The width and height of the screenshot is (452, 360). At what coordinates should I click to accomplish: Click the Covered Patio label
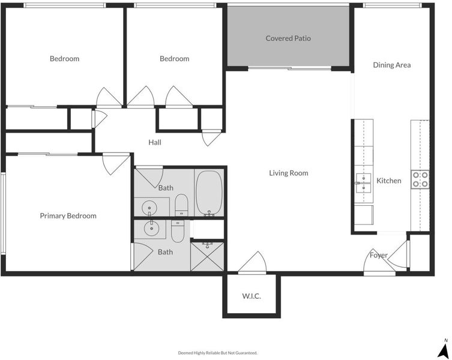coord(288,38)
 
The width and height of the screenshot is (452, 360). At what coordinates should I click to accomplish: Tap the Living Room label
coord(289,173)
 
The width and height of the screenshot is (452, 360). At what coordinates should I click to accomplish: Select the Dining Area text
coord(392,65)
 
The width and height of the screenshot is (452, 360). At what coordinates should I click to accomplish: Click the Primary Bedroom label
coord(68,216)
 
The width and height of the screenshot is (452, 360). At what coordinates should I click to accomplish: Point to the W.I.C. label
coord(252,296)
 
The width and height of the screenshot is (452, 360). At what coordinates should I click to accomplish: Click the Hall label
coord(155,142)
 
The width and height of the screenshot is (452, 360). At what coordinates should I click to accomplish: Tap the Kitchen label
coord(388,181)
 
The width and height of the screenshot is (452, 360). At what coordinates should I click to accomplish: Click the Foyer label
coord(379,256)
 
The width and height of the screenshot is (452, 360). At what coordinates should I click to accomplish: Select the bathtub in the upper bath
coord(209,193)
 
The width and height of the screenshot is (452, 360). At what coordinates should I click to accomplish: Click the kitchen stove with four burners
coord(420,179)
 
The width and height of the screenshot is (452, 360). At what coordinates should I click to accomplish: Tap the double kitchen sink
coord(363,183)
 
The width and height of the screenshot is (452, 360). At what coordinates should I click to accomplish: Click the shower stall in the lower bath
coord(207,256)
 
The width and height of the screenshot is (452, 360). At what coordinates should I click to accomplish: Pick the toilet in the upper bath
coord(181,205)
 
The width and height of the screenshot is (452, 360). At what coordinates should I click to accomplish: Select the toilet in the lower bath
coord(178,231)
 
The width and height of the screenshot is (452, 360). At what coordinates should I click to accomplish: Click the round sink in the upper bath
coord(149,208)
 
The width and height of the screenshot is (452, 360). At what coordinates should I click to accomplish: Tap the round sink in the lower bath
coord(151,229)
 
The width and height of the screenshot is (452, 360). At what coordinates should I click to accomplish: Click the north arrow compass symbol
coord(444,349)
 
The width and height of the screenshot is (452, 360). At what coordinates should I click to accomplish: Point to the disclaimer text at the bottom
coord(218,353)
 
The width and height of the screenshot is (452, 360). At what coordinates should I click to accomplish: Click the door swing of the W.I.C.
coord(253,262)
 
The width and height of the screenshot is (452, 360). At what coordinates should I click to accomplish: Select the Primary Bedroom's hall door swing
coord(115,164)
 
